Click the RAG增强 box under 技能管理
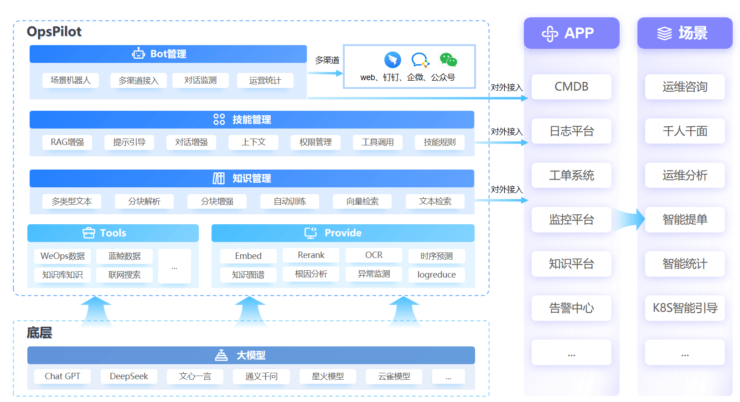coord(67,142)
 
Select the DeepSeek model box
coord(129,376)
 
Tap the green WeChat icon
coord(448,60)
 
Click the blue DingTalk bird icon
coord(393,60)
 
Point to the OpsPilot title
coord(54,32)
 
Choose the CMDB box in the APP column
coord(571,87)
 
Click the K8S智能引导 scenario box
coord(685,308)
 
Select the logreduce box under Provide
coord(436,274)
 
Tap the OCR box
coord(373,255)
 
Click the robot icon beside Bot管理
coord(139,53)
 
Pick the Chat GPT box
coord(62,376)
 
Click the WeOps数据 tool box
coord(62,256)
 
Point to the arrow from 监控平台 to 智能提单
coord(628,219)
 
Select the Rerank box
coord(311,255)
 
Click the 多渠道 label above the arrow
coord(327,60)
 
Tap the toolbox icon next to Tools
coord(88,233)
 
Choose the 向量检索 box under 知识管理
coord(362,201)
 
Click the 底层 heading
coord(39,333)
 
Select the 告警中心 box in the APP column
coord(571,308)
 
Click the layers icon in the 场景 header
coord(664,33)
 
